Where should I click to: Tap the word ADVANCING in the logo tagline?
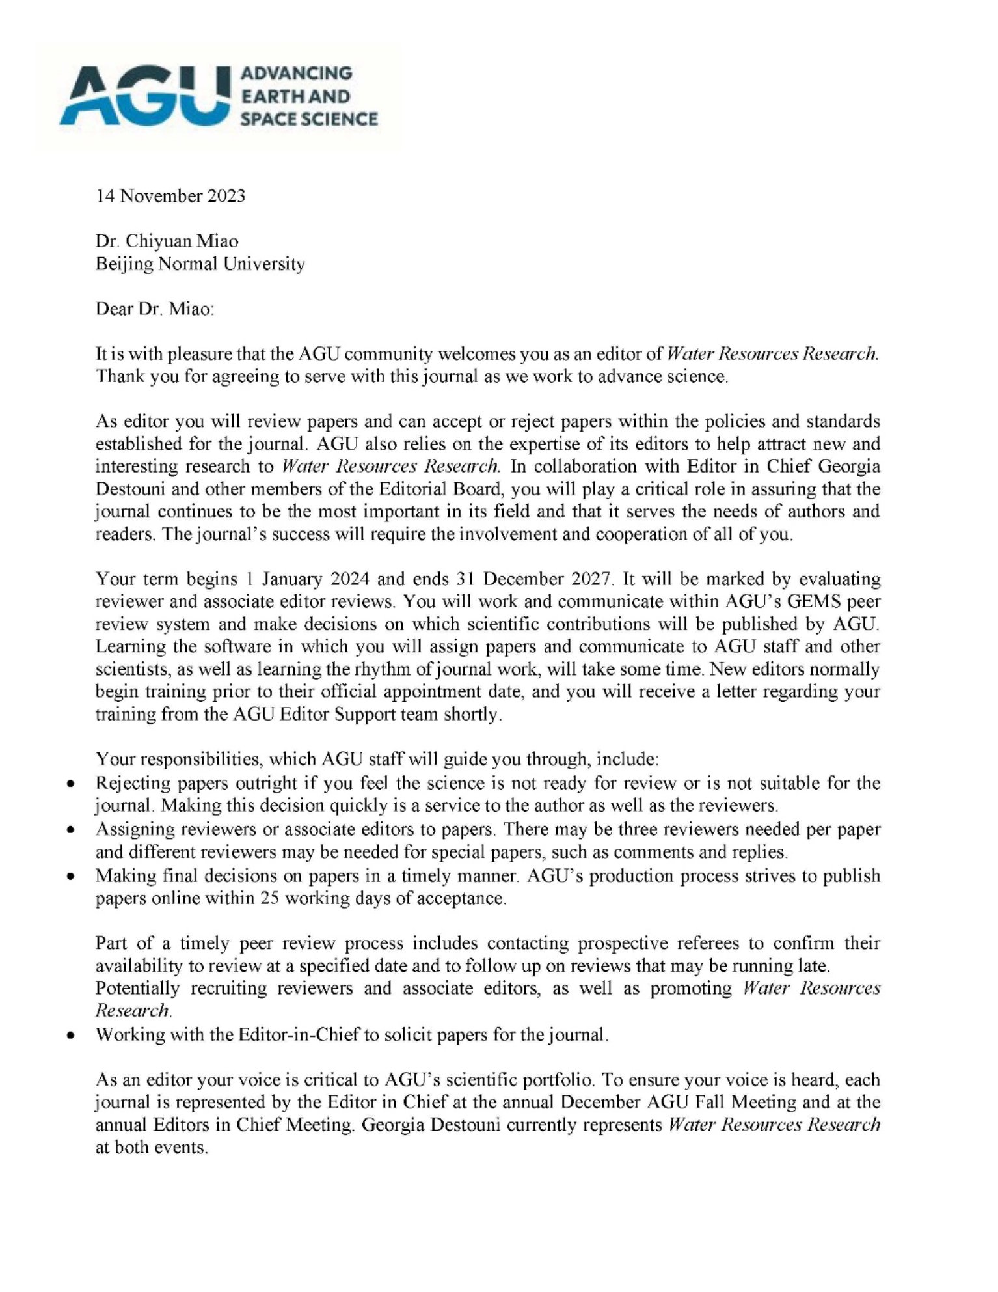(296, 73)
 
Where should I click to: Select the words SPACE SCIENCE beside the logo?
(309, 119)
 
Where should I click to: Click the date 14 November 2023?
(170, 196)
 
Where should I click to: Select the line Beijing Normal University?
(200, 264)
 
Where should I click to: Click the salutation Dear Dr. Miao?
(154, 309)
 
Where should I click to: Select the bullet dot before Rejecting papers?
(70, 784)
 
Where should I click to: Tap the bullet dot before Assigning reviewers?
(70, 831)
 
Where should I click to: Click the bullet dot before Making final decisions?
(70, 877)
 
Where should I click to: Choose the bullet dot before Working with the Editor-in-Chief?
(70, 1035)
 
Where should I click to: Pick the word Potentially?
(137, 989)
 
